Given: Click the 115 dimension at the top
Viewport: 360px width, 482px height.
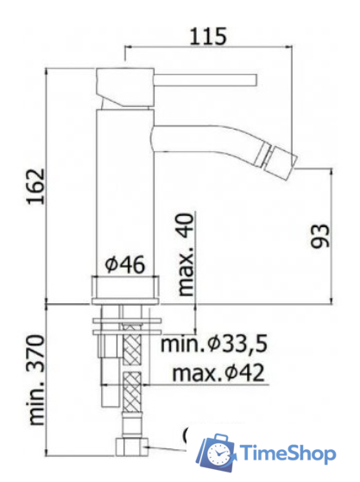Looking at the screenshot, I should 208,36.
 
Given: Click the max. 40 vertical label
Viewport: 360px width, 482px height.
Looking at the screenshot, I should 185,255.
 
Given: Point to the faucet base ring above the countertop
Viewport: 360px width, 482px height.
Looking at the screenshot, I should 125,288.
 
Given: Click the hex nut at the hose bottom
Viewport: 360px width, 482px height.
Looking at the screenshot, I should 132,447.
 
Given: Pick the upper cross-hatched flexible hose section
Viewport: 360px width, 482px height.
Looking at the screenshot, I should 132,346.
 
